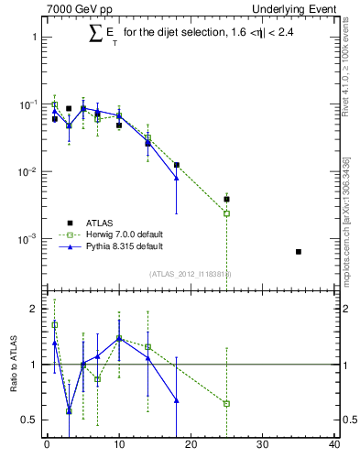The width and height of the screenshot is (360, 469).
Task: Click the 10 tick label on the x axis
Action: pos(119,446)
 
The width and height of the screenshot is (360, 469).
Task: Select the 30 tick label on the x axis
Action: pos(263,446)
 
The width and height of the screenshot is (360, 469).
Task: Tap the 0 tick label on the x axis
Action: pos(47,446)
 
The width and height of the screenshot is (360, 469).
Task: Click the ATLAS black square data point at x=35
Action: pos(299,251)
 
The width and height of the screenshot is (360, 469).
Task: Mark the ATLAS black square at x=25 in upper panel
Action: pos(226,199)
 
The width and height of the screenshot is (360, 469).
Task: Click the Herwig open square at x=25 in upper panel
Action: pos(226,213)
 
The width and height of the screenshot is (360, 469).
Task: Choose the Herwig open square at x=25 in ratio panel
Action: pos(226,403)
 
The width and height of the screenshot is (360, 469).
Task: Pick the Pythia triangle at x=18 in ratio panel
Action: pos(176,400)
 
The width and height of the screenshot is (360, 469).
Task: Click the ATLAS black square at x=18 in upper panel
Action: pos(176,165)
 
